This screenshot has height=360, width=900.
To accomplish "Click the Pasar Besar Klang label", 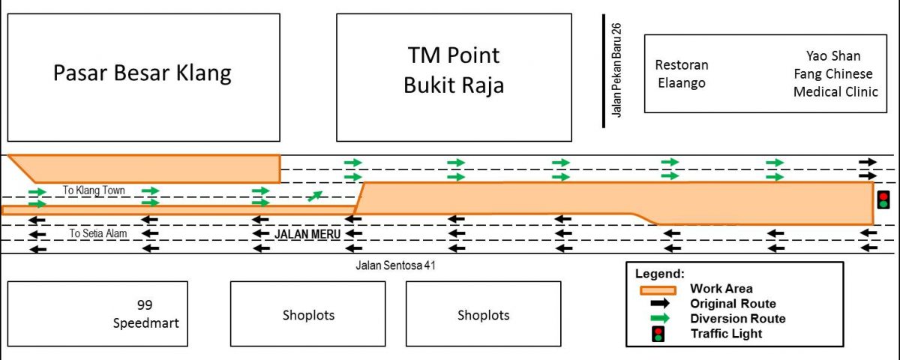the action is tap(142, 73).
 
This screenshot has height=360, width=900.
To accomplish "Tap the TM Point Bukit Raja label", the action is tap(454, 70).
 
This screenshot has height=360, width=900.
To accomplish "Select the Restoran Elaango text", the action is tap(682, 74).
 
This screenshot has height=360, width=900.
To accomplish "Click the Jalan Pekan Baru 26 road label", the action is tap(616, 70).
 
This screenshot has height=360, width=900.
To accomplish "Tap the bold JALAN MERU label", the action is tap(307, 234).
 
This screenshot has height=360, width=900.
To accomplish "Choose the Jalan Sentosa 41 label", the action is tap(395, 265).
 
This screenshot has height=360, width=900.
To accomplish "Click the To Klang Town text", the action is tap(94, 190).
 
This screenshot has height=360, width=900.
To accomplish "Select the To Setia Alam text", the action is tap(98, 233).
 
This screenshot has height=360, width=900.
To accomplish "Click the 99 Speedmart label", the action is tap(145, 313).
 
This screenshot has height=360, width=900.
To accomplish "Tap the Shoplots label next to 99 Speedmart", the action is tap(308, 316).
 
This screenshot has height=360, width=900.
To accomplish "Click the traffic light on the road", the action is tap(883, 200).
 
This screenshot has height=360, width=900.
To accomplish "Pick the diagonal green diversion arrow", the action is tap(314, 196).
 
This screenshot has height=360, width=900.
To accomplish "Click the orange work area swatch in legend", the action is tap(658, 290).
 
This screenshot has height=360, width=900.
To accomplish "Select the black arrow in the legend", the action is tap(660, 303).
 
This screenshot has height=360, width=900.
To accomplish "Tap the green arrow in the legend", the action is tap(660, 318).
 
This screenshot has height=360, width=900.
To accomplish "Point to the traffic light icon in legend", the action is tap(658, 334).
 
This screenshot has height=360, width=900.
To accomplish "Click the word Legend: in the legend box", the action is tap(660, 274).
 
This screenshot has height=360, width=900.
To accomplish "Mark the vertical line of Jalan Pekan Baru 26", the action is tap(604, 71).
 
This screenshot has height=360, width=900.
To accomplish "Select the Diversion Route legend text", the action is tap(738, 319).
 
